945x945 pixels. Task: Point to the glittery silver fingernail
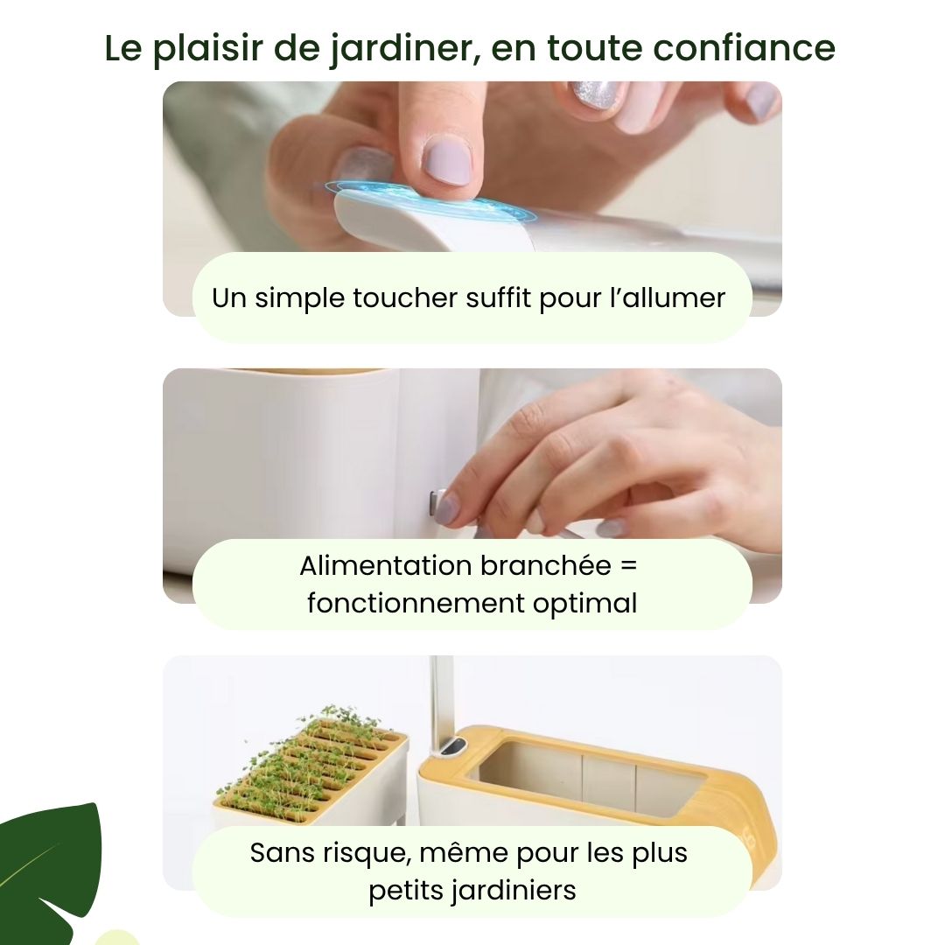click(x=595, y=94)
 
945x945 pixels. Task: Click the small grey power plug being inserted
click(x=435, y=504)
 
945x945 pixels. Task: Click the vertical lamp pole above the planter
click(x=443, y=696)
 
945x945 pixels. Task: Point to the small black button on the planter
click(x=453, y=748)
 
